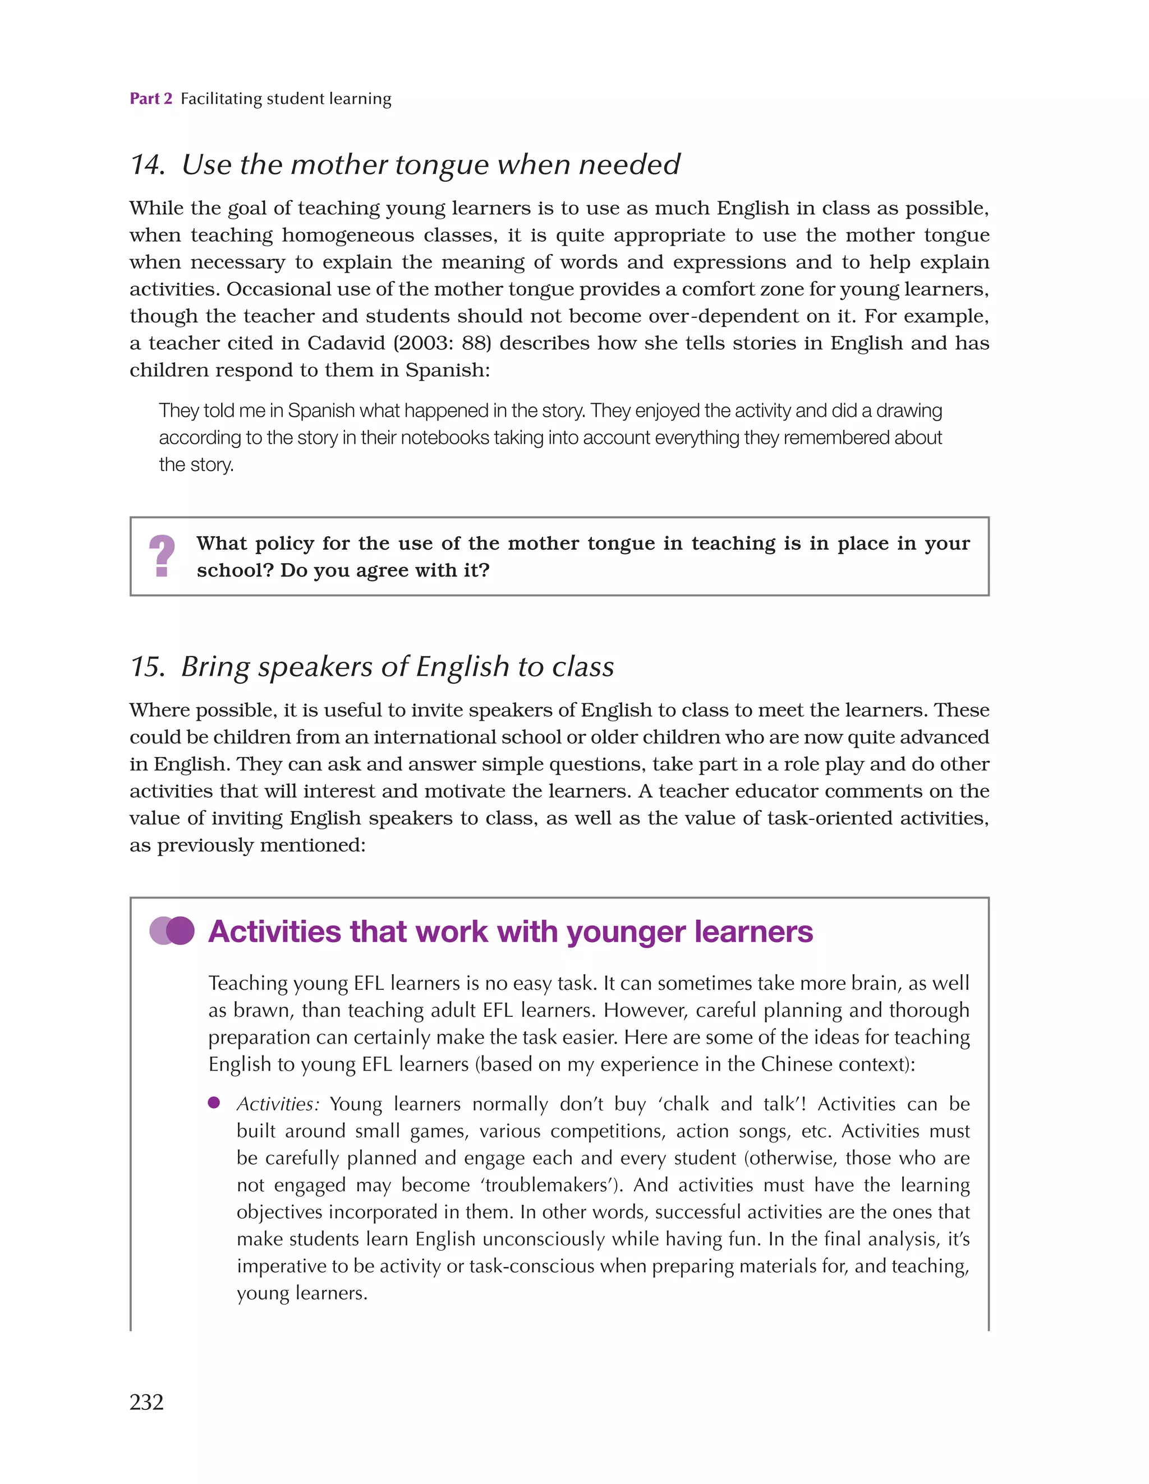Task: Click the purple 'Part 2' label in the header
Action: (x=151, y=99)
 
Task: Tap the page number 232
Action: (x=147, y=1402)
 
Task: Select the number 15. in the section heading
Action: (x=147, y=667)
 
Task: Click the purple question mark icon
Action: (x=162, y=556)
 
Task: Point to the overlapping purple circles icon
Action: (x=172, y=931)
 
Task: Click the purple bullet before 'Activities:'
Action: (x=214, y=1103)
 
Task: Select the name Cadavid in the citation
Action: (x=346, y=343)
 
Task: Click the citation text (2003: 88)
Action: (x=443, y=343)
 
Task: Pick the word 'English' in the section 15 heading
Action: (x=462, y=667)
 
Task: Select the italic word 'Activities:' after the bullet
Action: (x=277, y=1104)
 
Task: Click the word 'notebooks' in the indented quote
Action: (x=445, y=437)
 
